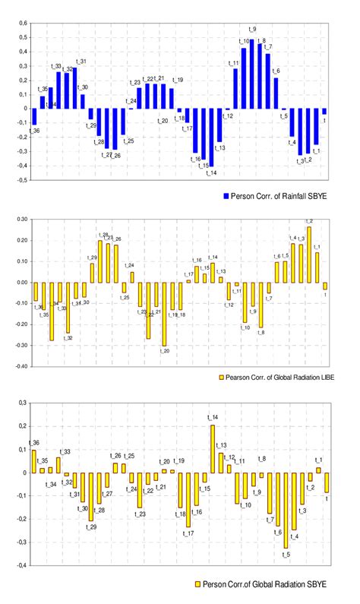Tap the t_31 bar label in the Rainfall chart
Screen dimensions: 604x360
point(81,62)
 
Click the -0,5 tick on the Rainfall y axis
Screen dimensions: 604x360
point(21,181)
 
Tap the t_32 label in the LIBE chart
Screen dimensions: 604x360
point(68,337)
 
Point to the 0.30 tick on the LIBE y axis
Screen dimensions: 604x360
point(20,219)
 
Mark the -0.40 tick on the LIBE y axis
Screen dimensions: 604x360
point(19,366)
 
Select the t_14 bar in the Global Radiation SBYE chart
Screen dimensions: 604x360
point(213,448)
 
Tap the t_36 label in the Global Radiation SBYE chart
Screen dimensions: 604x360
point(33,443)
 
